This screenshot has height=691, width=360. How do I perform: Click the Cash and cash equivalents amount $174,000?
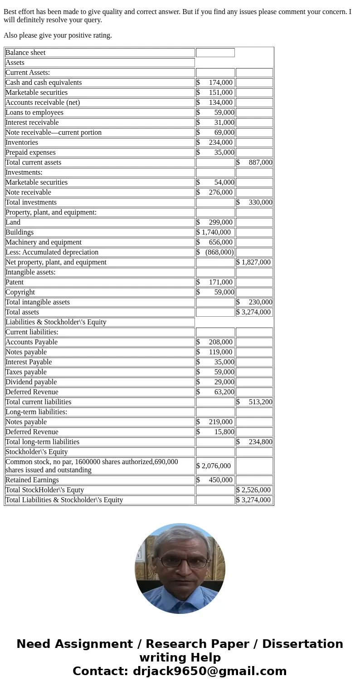[x=215, y=83]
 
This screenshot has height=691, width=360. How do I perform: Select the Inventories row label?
[x=22, y=142]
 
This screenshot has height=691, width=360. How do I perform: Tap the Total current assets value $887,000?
[x=254, y=162]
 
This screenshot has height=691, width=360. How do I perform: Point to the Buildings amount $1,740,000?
[x=214, y=232]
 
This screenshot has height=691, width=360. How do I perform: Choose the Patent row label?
[x=15, y=282]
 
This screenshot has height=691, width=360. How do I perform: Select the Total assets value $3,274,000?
[x=254, y=312]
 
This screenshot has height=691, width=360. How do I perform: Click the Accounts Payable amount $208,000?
[x=215, y=342]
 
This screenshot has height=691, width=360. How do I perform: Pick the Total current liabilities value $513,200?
[x=254, y=402]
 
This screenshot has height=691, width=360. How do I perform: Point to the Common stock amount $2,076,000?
[x=214, y=466]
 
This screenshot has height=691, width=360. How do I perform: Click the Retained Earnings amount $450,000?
[x=215, y=480]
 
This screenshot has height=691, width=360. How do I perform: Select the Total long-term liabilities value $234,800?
[x=254, y=442]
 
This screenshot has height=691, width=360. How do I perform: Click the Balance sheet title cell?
[x=26, y=53]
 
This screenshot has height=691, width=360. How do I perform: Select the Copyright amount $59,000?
[x=215, y=292]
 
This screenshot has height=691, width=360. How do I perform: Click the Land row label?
[x=13, y=222]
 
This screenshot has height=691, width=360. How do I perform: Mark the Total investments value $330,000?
[x=254, y=202]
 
